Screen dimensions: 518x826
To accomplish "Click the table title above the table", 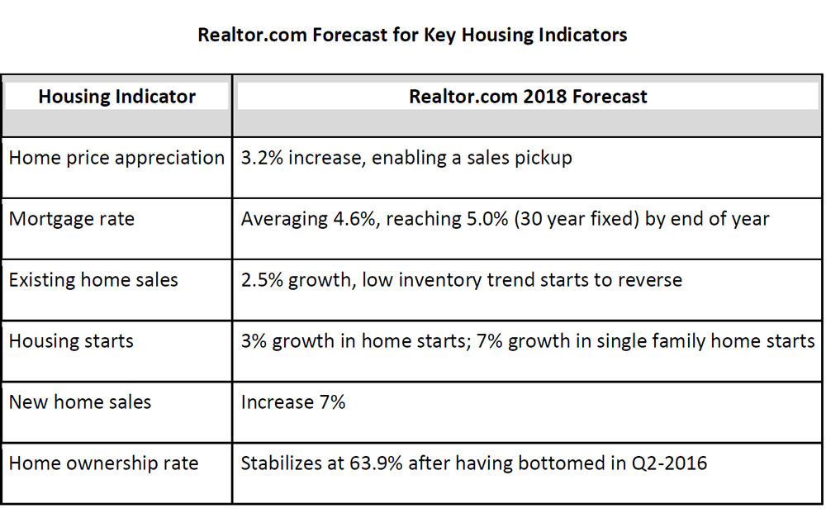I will (x=412, y=36).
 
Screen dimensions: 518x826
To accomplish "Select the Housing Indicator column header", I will (x=116, y=97).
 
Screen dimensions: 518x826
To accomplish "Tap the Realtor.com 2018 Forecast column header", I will (x=528, y=97).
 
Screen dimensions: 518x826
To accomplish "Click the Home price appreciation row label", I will (x=116, y=158).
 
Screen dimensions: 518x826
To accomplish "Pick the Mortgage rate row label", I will (x=72, y=220).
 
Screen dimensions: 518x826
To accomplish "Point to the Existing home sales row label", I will (x=93, y=280).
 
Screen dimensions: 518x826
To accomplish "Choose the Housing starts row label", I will (x=71, y=341).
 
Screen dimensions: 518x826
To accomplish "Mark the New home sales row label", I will (x=80, y=402).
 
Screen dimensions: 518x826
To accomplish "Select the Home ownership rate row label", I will (x=103, y=463).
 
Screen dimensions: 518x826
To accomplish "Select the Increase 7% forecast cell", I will (x=293, y=402).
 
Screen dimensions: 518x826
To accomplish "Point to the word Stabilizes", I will (x=282, y=463).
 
